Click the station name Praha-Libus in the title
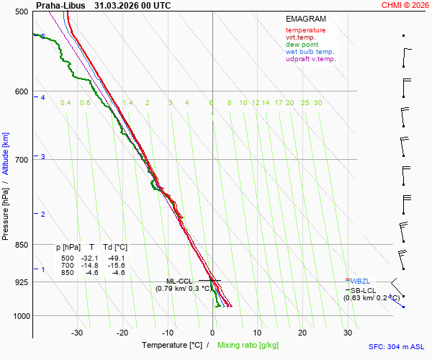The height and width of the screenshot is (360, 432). click(x=60, y=6)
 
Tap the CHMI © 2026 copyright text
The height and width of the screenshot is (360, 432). click(x=405, y=5)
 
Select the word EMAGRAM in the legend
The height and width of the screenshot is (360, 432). click(x=306, y=19)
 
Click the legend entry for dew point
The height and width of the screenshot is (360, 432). click(x=302, y=45)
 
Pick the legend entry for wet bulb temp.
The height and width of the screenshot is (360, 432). click(x=310, y=52)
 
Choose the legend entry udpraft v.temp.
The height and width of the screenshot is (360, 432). click(x=311, y=59)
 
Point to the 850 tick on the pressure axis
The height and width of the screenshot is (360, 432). click(x=22, y=245)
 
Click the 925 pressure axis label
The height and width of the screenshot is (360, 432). click(x=22, y=282)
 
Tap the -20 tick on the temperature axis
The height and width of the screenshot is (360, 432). click(x=122, y=333)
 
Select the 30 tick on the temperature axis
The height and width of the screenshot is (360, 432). click(x=348, y=333)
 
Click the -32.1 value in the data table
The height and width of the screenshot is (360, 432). click(x=89, y=258)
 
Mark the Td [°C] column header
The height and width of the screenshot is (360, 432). click(x=115, y=248)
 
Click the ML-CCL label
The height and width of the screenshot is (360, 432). click(x=179, y=282)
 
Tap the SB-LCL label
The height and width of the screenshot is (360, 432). click(x=363, y=291)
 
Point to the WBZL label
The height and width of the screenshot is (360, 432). click(x=360, y=282)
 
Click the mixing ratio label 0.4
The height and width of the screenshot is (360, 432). click(x=66, y=103)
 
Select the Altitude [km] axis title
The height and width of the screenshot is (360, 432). click(x=5, y=153)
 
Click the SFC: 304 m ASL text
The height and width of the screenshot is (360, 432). click(x=396, y=347)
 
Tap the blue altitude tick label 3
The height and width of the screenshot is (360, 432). click(x=43, y=156)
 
